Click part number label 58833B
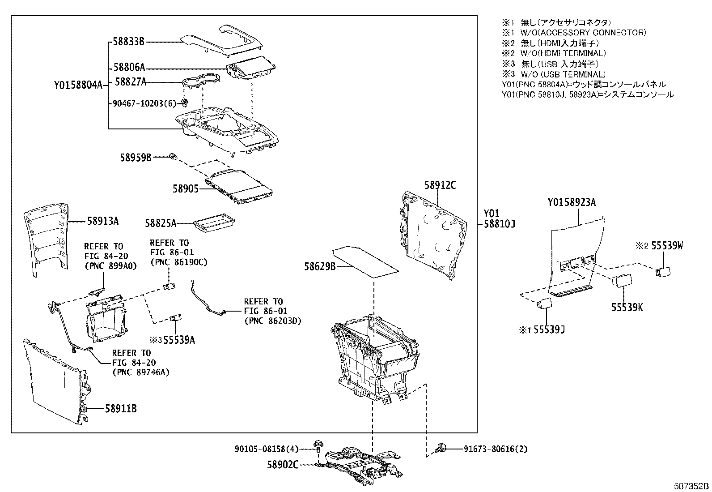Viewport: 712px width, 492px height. (128, 42)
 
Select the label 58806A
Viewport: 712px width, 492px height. (129, 68)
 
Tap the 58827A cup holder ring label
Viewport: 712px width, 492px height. (131, 81)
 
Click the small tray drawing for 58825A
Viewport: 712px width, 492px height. (214, 222)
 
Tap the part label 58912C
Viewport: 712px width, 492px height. (440, 185)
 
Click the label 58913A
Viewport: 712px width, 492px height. (103, 221)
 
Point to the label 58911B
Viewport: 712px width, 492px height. (121, 408)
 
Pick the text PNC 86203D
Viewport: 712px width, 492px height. (273, 321)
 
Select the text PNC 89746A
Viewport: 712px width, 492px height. (140, 372)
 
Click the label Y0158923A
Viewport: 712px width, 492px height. (572, 202)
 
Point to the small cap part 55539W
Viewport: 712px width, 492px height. (662, 270)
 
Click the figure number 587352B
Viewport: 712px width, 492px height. (692, 486)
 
